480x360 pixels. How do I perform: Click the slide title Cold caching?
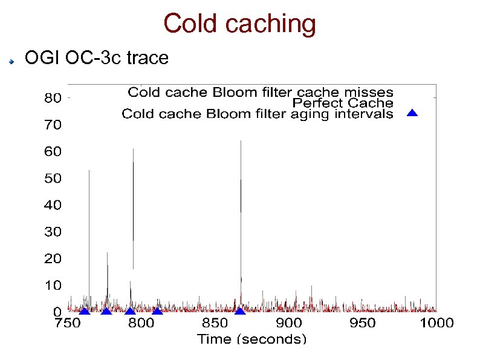[239, 24]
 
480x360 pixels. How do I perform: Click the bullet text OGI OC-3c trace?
[96, 58]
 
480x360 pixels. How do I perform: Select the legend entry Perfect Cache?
[342, 103]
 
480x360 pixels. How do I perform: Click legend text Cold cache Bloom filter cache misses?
[261, 93]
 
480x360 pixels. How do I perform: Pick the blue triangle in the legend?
[412, 113]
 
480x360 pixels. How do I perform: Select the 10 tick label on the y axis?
[53, 284]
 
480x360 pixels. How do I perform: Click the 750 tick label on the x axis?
[68, 323]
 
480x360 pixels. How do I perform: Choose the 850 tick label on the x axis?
[215, 323]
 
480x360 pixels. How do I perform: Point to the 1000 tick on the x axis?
[436, 323]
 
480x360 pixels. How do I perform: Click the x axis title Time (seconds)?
[251, 338]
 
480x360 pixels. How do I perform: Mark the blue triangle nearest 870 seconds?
[240, 311]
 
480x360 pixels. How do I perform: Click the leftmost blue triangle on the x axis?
[84, 311]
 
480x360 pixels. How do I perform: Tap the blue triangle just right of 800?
[157, 311]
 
